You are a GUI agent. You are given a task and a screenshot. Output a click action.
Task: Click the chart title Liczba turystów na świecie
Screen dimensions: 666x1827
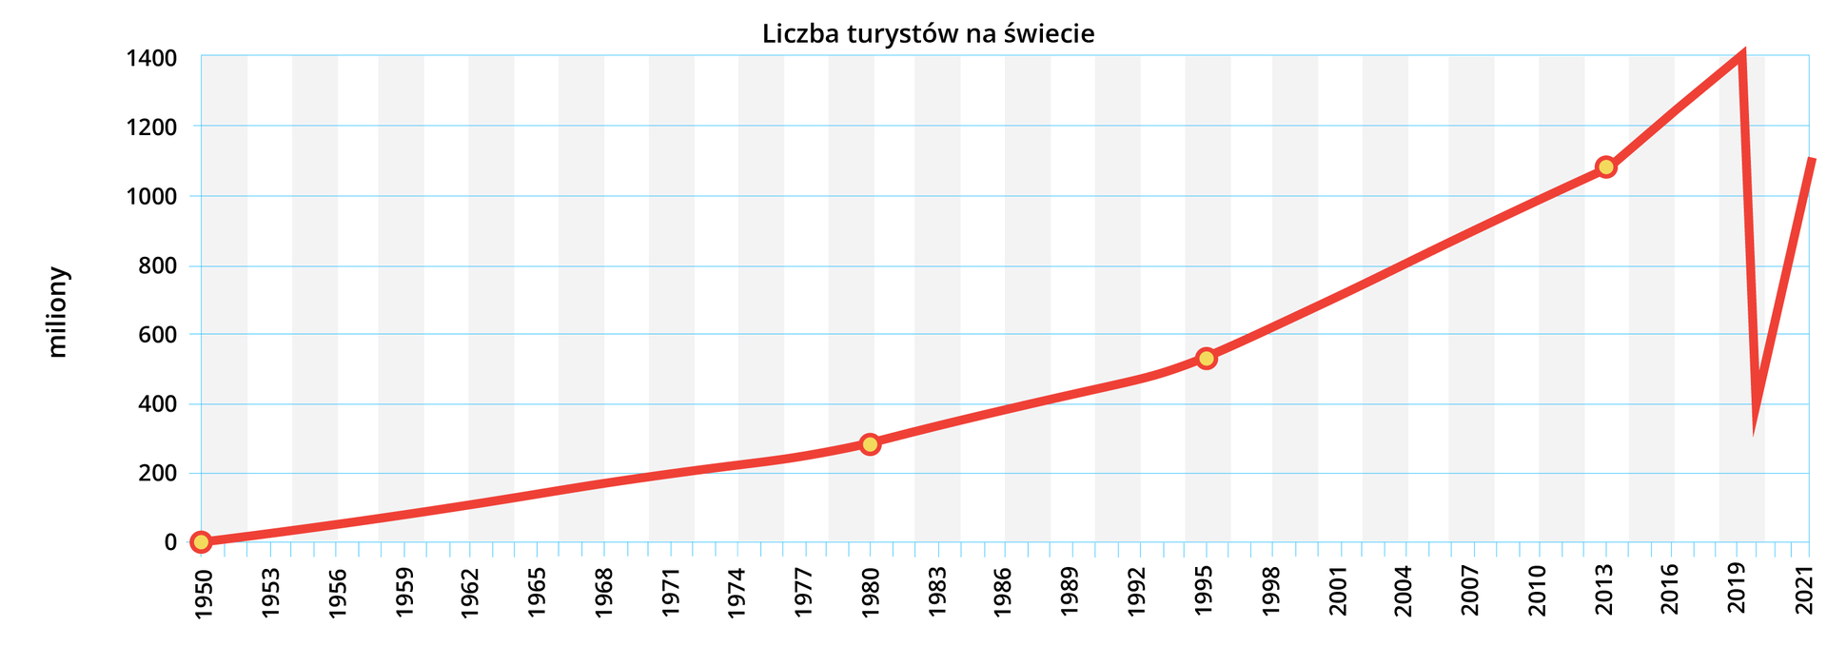(x=928, y=34)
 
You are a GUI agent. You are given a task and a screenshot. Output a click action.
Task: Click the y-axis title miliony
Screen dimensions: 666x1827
(x=58, y=312)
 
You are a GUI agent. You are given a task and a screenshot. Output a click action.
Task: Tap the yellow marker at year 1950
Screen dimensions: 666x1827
(x=201, y=542)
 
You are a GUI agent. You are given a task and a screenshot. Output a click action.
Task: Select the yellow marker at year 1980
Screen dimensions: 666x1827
(x=870, y=444)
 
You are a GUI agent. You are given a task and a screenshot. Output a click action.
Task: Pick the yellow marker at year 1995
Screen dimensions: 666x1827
(x=1207, y=359)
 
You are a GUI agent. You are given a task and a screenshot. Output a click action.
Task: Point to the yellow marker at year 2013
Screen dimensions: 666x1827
(x=1606, y=167)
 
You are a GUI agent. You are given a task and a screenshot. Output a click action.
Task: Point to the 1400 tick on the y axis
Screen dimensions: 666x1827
(x=151, y=59)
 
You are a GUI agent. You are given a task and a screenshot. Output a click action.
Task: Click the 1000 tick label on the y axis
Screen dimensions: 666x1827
(x=151, y=197)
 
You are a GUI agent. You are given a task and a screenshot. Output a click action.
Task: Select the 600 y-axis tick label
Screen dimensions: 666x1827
(x=158, y=335)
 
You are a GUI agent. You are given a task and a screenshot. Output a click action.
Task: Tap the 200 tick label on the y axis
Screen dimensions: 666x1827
(x=158, y=474)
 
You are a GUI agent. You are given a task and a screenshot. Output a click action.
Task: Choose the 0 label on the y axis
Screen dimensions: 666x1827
(x=170, y=542)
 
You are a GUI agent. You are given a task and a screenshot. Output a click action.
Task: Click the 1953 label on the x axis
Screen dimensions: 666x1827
(x=271, y=593)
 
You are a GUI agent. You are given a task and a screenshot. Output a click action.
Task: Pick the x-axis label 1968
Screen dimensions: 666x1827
(x=605, y=593)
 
